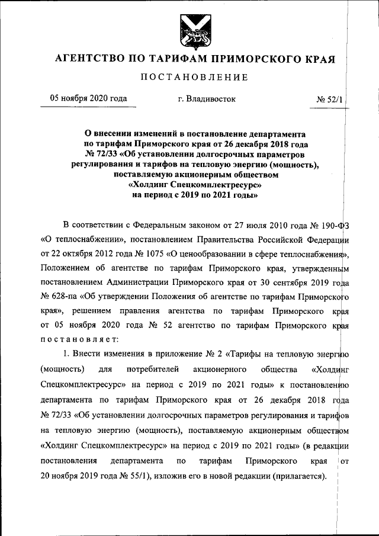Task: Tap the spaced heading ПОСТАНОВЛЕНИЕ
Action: point(194,78)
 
